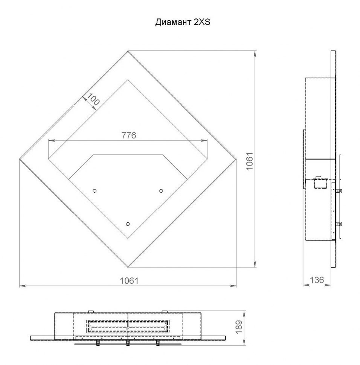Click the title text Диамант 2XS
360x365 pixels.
point(183,22)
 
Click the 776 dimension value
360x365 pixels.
point(129,135)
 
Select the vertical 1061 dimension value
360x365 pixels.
point(250,161)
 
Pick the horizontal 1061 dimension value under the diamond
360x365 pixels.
point(129,281)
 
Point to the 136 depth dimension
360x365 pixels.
point(317,280)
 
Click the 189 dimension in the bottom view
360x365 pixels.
point(239,327)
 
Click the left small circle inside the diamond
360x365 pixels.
point(95,191)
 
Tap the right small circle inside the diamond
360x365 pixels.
point(161,191)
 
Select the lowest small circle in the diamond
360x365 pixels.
point(128,224)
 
